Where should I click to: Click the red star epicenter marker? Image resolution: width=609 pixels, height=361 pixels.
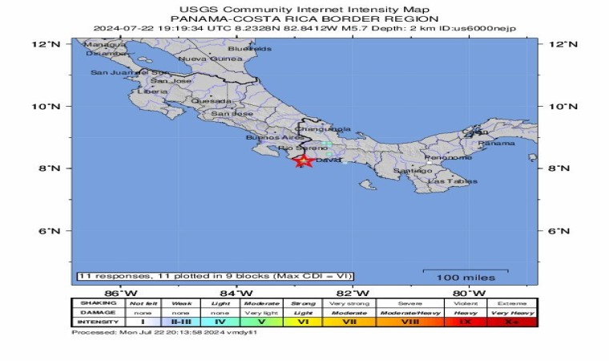click(x=303, y=160)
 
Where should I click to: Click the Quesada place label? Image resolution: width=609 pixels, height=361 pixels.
click(x=212, y=101)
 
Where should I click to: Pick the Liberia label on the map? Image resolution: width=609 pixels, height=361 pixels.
click(x=152, y=91)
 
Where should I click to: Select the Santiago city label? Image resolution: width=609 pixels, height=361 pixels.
click(x=413, y=171)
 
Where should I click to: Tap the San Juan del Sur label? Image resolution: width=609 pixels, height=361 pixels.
click(x=119, y=72)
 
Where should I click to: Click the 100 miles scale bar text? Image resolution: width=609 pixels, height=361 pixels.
click(x=465, y=277)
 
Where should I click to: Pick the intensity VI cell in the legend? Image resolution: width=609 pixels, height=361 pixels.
click(x=303, y=321)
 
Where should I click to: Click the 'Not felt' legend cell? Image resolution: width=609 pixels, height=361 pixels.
click(x=143, y=303)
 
